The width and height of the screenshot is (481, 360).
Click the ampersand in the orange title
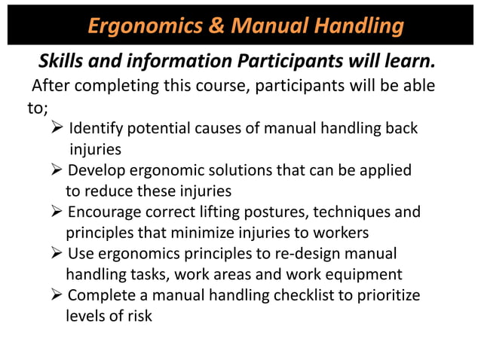point(216,26)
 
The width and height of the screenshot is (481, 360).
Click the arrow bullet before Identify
point(56,129)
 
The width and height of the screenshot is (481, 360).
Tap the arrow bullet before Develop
point(56,170)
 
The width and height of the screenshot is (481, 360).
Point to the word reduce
point(109,191)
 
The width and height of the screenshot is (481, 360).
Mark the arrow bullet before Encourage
point(56,212)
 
